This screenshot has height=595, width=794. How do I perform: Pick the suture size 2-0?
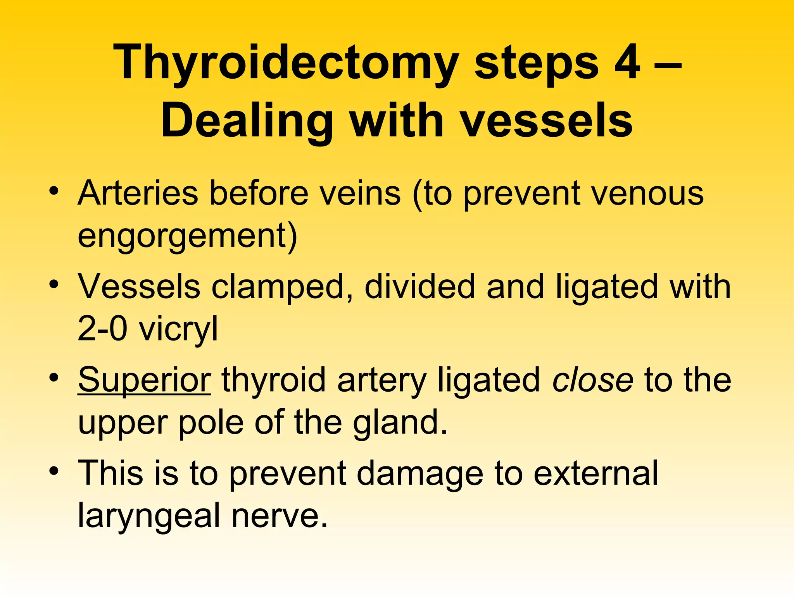tap(102, 328)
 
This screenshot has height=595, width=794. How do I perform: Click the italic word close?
tap(593, 380)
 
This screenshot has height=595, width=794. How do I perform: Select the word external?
tap(595, 473)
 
